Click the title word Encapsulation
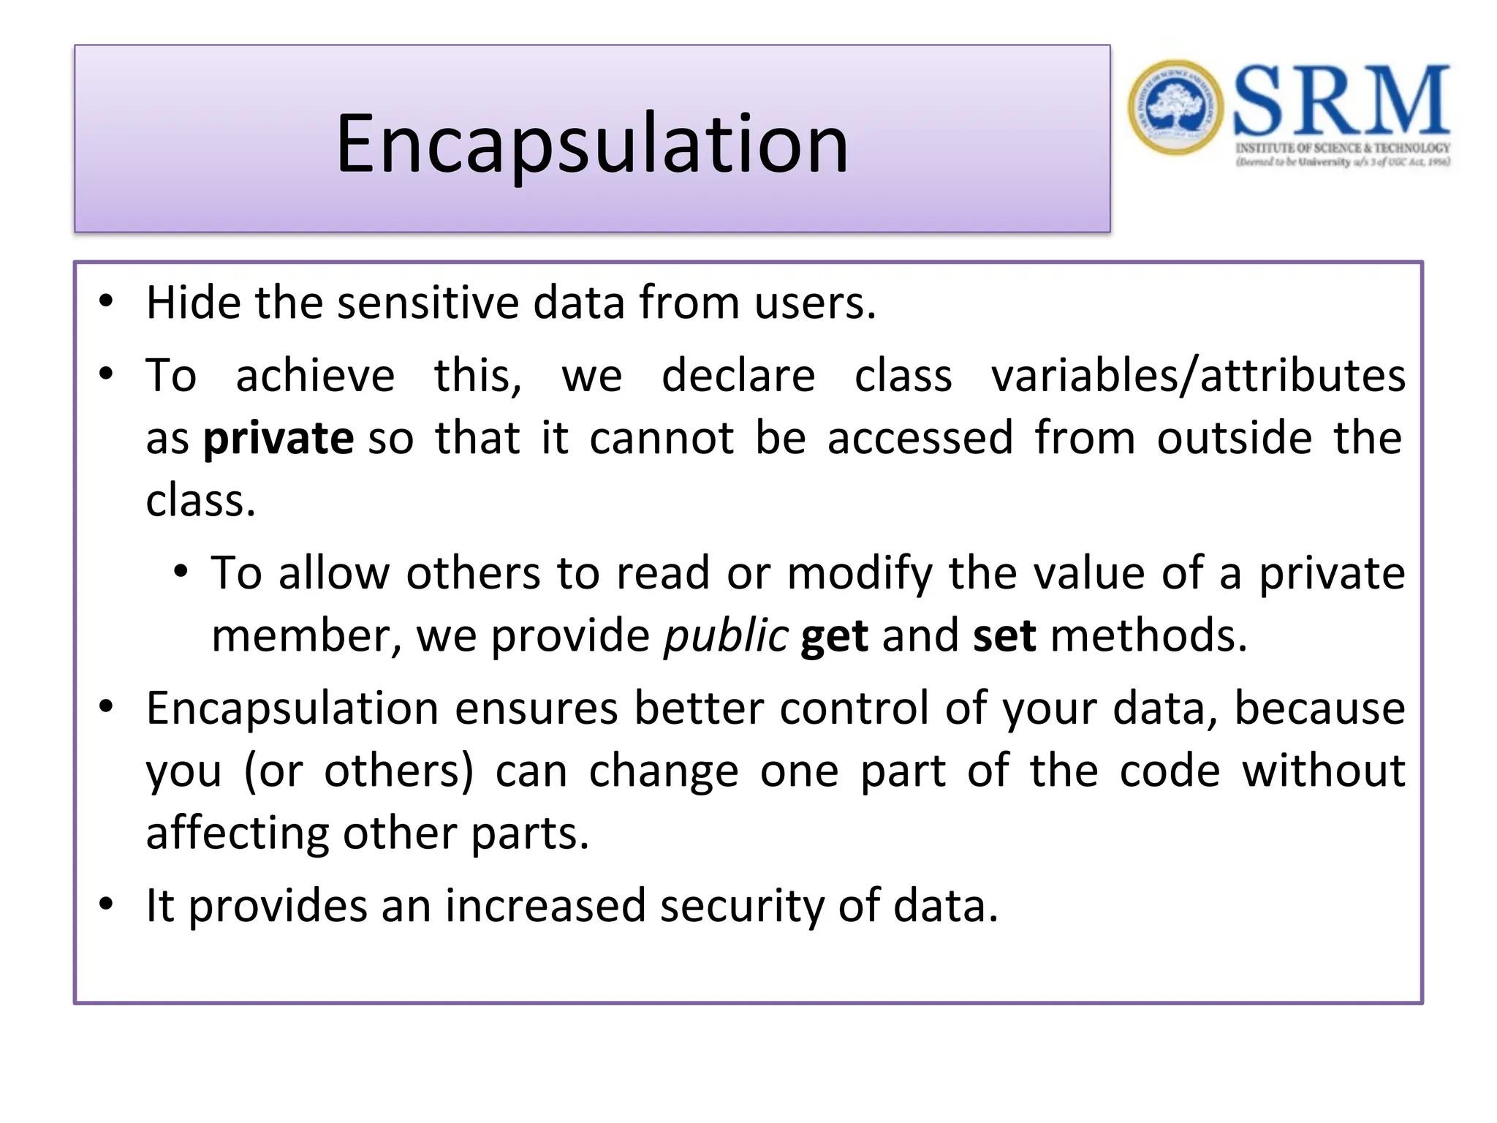coord(592,144)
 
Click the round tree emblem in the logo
coord(1175,107)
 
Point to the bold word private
coord(278,439)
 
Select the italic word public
coord(726,635)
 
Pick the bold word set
coord(1004,635)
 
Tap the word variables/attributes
coord(1198,376)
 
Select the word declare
coord(738,376)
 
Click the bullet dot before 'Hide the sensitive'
coord(107,301)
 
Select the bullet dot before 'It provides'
coord(107,904)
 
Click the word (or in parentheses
coord(273,771)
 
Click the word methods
coord(1148,635)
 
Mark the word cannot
coord(662,439)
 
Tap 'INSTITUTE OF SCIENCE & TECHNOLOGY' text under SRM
coord(1343,148)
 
